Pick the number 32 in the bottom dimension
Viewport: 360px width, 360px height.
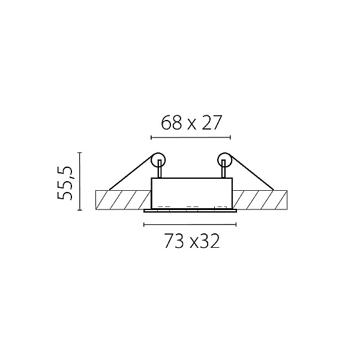point(211,241)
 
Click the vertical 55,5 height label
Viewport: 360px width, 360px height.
point(65,183)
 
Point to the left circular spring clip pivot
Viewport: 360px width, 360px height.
point(158,160)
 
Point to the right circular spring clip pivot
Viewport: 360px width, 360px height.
point(224,160)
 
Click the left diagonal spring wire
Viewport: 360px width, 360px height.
point(131,173)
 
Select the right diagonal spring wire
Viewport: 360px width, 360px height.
point(252,173)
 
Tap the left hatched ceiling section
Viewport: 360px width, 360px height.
point(123,200)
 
